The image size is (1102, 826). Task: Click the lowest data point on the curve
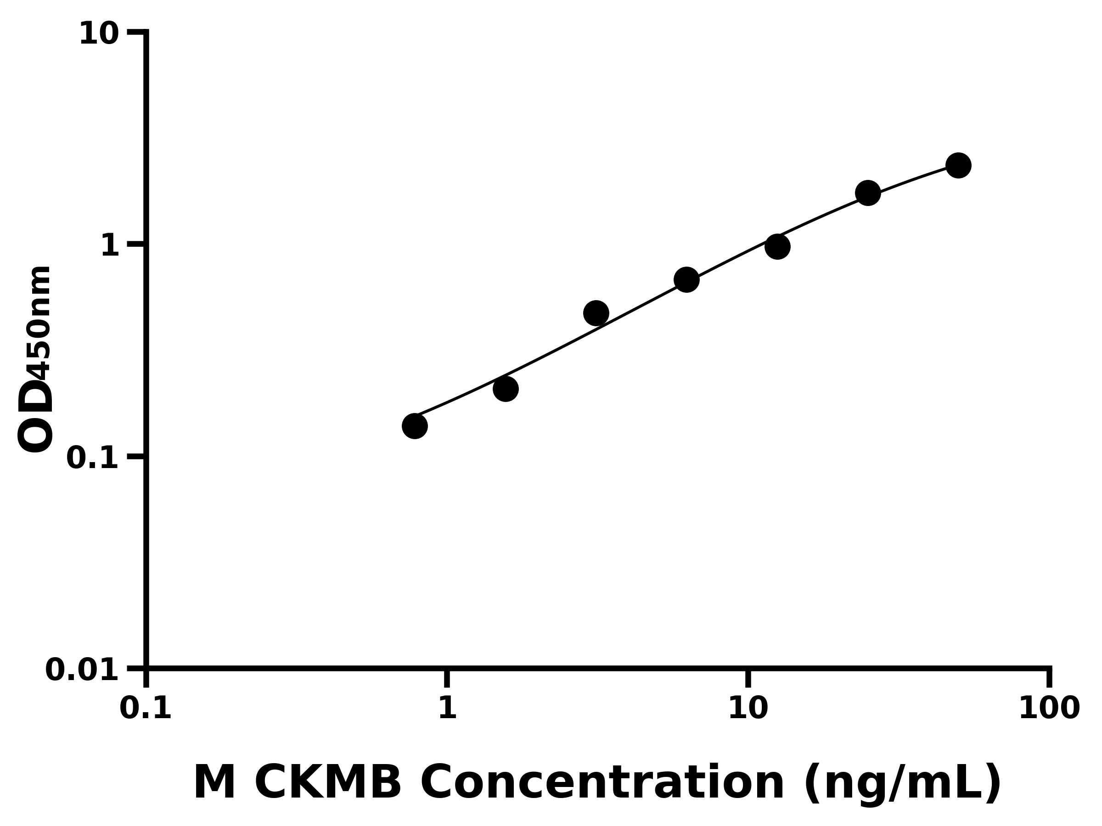[415, 426]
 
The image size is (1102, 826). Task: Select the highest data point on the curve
[958, 165]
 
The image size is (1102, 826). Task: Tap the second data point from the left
[506, 389]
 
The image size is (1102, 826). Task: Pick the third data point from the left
[596, 313]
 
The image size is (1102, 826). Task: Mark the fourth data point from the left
[686, 280]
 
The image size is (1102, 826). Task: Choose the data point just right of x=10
[777, 246]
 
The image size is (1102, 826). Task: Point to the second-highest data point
[868, 193]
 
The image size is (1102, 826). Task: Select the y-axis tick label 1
[110, 246]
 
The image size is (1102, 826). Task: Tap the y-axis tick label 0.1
[93, 458]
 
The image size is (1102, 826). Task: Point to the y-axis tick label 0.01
[82, 670]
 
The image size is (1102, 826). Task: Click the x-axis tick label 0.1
[146, 708]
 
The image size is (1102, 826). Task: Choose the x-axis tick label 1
[447, 708]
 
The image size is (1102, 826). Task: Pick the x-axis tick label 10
[748, 708]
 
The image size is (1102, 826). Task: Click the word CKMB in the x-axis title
[327, 783]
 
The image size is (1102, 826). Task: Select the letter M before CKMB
[214, 783]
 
